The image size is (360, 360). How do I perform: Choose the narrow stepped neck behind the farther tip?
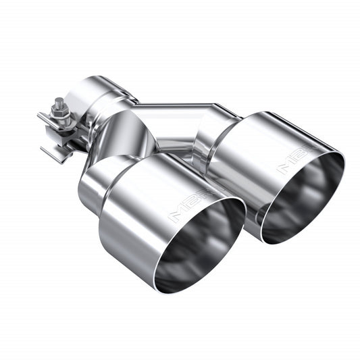[216, 135]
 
